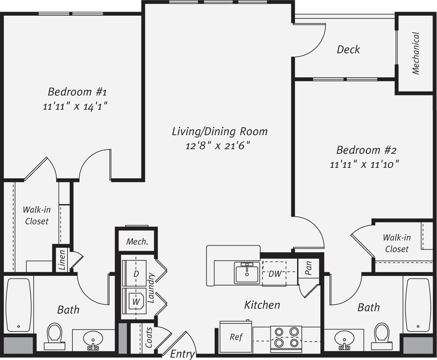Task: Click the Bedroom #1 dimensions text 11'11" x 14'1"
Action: coord(75,107)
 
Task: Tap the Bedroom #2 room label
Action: coord(366,150)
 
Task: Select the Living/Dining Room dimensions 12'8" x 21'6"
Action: coord(218,145)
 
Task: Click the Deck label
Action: coord(348,49)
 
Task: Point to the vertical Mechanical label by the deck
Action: coord(415,53)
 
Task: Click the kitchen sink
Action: coord(247,272)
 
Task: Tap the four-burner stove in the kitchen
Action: coord(286,337)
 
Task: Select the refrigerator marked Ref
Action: coord(236,337)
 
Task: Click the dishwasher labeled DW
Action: coord(275,274)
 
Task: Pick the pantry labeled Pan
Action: coord(308,268)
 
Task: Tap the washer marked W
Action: coord(135,301)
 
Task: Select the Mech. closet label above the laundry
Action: coord(137,242)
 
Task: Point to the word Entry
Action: coord(182,354)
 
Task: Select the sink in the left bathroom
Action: coord(92,338)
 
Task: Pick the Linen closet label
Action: coord(62,260)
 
